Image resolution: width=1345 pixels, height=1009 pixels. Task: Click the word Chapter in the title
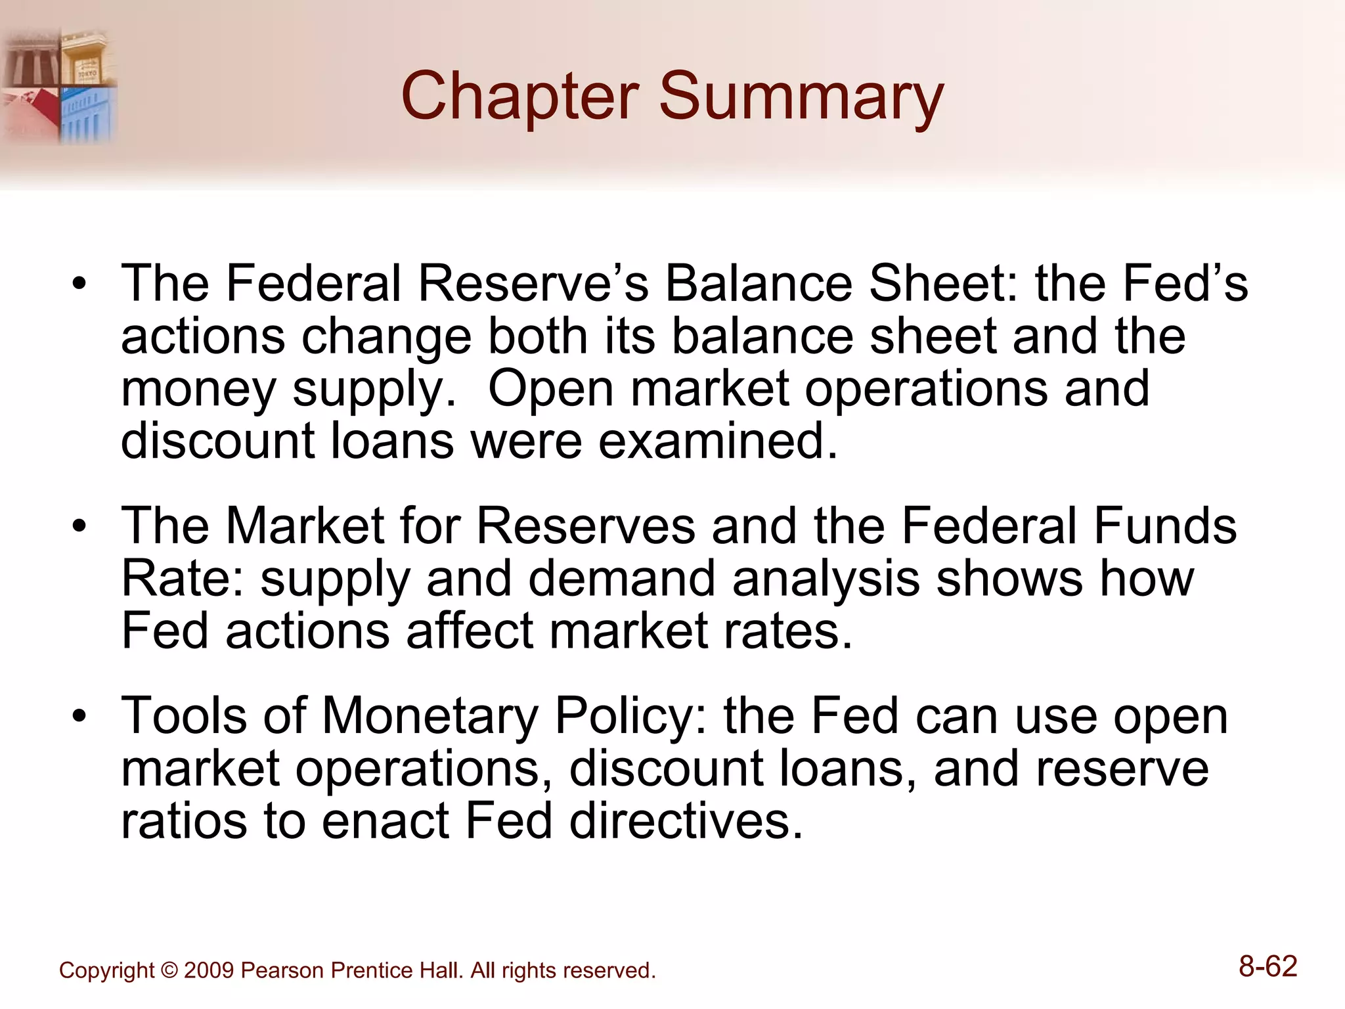[519, 97]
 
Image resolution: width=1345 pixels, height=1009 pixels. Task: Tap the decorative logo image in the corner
[59, 86]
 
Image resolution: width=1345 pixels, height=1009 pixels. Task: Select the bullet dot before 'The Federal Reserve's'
[79, 284]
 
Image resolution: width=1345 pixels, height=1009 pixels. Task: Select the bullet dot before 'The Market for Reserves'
[79, 526]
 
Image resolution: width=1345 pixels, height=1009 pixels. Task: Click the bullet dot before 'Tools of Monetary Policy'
[79, 716]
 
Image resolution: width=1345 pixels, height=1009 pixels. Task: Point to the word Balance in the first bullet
[759, 283]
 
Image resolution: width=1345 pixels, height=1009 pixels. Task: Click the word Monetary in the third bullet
[430, 716]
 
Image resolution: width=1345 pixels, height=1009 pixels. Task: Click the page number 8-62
[1268, 967]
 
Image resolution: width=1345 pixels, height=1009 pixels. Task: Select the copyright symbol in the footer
[169, 970]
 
